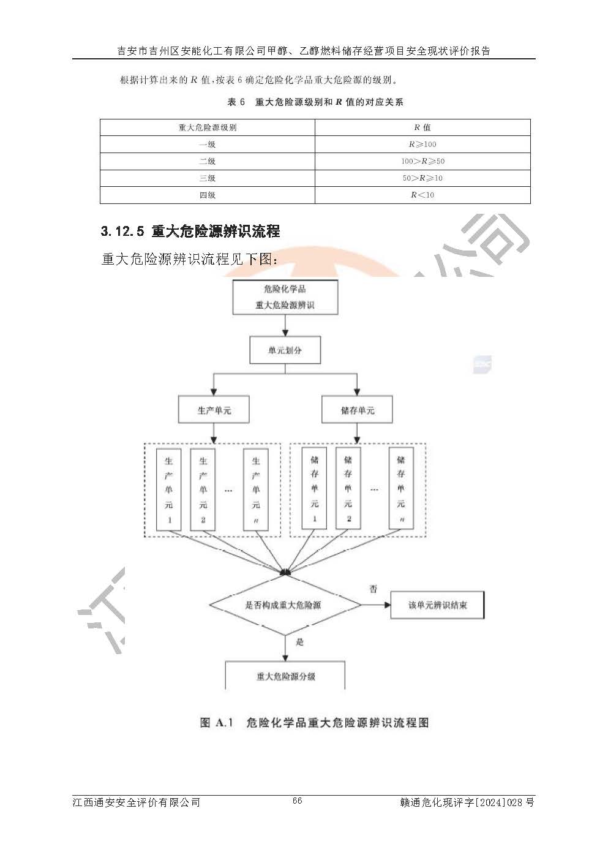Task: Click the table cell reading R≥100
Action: click(x=422, y=145)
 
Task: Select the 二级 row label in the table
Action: click(x=207, y=161)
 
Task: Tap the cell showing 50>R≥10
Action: click(x=422, y=178)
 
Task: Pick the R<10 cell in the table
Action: click(x=422, y=195)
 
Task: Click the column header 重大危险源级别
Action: click(x=207, y=127)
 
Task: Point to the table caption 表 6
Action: click(x=236, y=102)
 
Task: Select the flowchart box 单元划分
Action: click(x=285, y=351)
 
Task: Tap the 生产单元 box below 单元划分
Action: click(x=214, y=410)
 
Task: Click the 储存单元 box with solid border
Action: click(x=357, y=410)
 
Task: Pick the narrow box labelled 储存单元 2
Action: click(x=348, y=488)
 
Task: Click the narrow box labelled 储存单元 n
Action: click(x=401, y=488)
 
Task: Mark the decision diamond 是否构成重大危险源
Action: click(x=285, y=605)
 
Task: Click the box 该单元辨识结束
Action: click(x=437, y=605)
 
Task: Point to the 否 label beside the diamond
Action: click(x=373, y=589)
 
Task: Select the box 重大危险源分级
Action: click(x=285, y=676)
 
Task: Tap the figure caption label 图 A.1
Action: click(x=217, y=723)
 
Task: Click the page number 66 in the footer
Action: click(x=298, y=801)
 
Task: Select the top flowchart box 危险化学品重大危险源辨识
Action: click(x=285, y=297)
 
